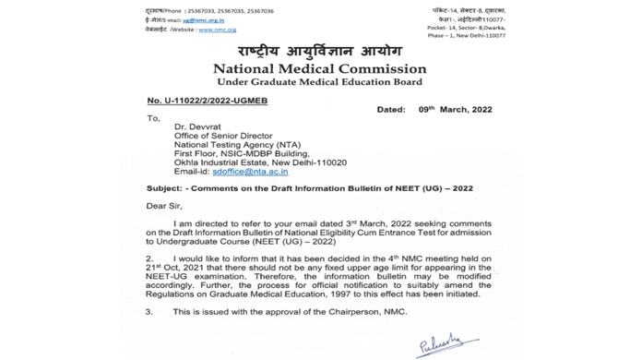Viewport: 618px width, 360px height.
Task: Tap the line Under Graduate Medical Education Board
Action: point(319,83)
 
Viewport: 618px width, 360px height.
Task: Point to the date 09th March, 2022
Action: point(455,110)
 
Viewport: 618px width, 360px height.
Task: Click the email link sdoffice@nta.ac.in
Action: point(250,172)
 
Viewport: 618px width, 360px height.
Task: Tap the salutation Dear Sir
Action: point(164,206)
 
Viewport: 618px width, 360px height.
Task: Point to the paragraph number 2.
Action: point(149,259)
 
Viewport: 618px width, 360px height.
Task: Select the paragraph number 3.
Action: point(149,312)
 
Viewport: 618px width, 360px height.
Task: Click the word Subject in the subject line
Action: point(165,188)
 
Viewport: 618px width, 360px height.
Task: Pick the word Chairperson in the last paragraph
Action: point(351,312)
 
